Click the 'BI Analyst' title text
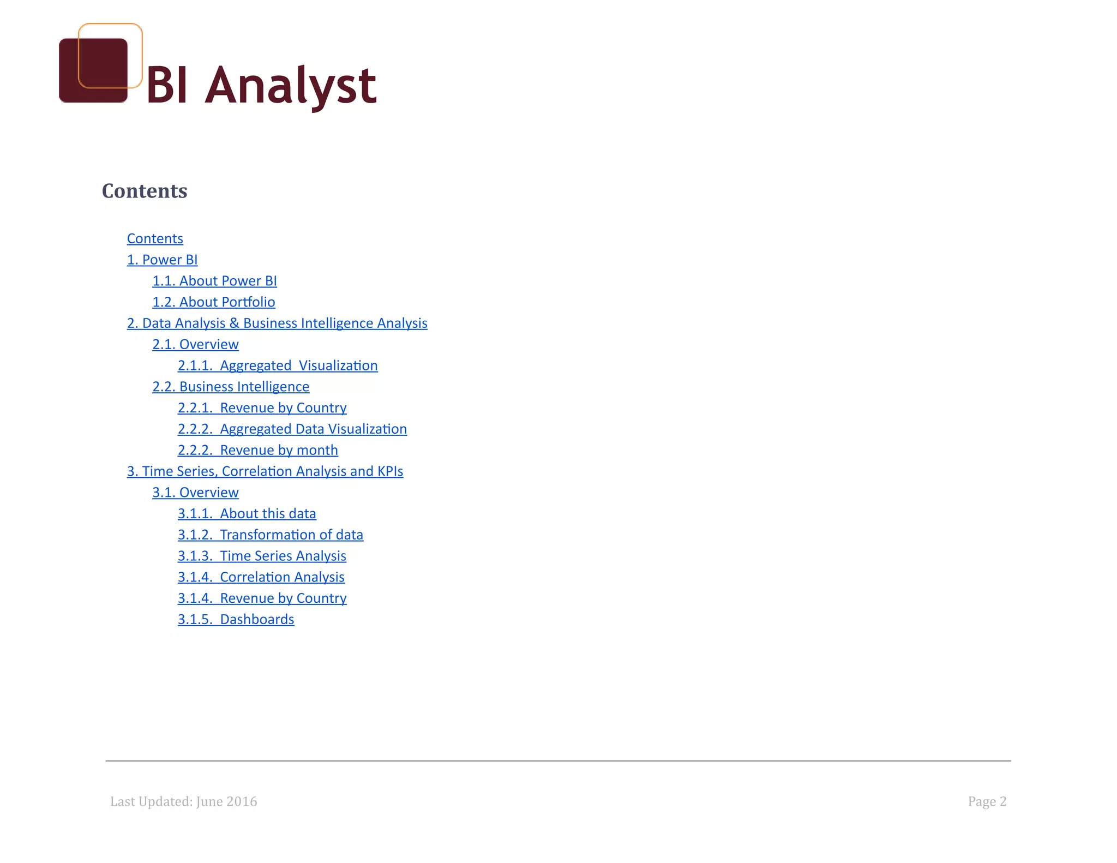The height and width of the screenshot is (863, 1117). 261,85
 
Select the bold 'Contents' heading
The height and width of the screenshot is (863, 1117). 145,191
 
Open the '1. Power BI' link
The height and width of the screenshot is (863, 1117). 162,260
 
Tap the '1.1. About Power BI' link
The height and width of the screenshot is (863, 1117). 214,281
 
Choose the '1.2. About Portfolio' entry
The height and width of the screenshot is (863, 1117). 213,302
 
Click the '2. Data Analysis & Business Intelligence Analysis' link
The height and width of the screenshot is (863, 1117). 277,323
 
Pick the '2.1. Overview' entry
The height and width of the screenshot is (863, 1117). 195,345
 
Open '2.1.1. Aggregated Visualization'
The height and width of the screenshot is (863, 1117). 278,365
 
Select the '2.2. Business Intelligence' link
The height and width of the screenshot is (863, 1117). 231,387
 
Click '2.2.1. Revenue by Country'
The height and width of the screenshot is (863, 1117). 262,408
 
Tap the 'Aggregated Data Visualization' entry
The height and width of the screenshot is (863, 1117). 292,429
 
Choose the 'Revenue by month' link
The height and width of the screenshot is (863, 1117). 257,451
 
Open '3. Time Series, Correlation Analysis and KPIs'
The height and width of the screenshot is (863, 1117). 265,471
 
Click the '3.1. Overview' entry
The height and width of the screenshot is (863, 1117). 195,493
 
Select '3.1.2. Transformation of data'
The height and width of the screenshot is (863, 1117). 270,535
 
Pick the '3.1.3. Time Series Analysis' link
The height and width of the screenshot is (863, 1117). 262,556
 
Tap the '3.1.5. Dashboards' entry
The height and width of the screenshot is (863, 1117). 236,620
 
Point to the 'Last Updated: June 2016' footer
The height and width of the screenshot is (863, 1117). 183,801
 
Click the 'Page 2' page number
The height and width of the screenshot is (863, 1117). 987,801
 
